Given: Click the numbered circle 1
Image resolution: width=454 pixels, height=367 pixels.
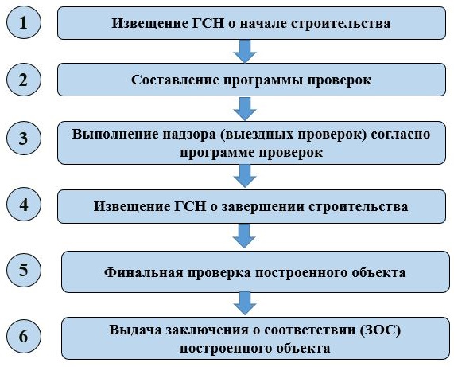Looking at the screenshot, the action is point(24,22).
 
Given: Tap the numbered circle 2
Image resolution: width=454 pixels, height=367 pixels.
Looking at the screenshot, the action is point(24,80).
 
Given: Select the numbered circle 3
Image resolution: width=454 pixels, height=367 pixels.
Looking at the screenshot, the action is point(24,138).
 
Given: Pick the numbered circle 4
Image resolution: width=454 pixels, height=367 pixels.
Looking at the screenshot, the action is point(24,204).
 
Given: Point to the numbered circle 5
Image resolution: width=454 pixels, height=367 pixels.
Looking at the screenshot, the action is point(24,270).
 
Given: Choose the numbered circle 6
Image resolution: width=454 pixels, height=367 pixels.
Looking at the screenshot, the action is point(24,336).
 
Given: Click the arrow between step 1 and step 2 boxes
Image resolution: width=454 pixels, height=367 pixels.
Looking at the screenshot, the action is point(245,51).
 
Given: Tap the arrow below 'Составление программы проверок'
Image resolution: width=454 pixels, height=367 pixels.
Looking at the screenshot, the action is point(245,109).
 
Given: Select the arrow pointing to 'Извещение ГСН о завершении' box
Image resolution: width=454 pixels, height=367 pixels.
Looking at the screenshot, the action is point(245,176).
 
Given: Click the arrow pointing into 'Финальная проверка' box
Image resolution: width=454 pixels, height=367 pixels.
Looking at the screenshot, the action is point(244,236).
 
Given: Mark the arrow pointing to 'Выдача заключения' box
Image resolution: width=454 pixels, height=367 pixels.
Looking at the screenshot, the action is point(245,303).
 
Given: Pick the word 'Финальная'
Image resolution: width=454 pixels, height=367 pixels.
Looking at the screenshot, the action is point(143,272).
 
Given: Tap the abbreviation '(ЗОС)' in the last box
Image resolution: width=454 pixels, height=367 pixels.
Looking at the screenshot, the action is point(381,330).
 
